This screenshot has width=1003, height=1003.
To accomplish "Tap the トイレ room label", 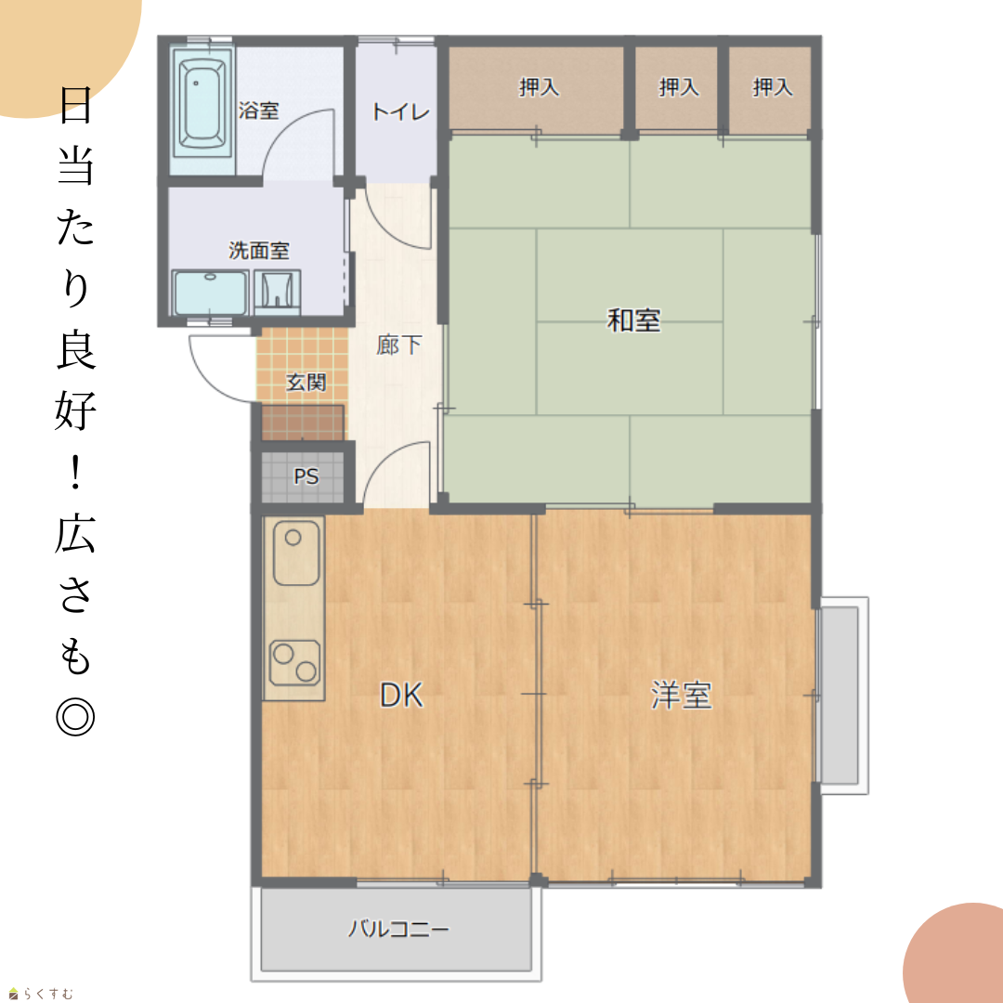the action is click(x=400, y=112).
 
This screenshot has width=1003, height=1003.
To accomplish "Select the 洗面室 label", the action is click(x=259, y=250).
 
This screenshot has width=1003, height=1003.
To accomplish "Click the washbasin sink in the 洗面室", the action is click(x=210, y=293).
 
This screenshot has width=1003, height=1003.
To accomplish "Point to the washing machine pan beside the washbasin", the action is click(x=277, y=292).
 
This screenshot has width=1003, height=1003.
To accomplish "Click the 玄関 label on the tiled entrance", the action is click(x=306, y=382).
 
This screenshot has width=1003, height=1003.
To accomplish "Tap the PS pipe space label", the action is click(x=306, y=475).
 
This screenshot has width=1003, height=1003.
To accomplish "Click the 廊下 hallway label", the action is click(x=398, y=345).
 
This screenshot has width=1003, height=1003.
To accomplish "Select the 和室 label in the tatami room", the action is click(x=633, y=319).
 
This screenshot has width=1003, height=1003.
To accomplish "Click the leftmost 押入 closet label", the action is click(x=539, y=86).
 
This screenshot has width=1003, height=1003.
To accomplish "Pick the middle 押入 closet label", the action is click(x=679, y=86).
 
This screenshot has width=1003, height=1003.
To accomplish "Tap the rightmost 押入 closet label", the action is click(x=772, y=86).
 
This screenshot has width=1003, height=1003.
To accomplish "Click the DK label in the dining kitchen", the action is click(x=402, y=696).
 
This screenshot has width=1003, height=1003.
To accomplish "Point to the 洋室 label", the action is click(x=681, y=695).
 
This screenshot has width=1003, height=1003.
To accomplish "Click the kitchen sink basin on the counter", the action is click(x=295, y=553).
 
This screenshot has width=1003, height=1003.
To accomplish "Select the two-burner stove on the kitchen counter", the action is click(x=295, y=663).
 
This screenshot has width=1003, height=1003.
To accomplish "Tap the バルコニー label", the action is click(x=397, y=929).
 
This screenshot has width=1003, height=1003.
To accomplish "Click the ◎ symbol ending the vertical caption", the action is click(x=75, y=716).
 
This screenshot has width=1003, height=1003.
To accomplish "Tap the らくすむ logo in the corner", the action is click(x=41, y=994).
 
